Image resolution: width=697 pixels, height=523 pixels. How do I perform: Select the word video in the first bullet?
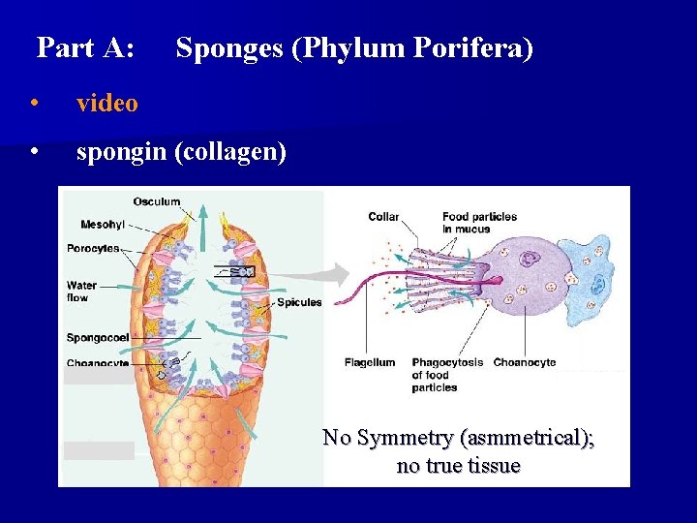click(x=106, y=103)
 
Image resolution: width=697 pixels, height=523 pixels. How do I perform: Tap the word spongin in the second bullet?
click(x=122, y=153)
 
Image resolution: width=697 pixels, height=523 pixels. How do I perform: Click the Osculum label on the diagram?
click(x=157, y=201)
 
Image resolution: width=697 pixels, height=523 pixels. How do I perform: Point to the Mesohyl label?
click(x=103, y=225)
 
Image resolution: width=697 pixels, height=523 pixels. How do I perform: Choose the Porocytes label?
click(x=93, y=248)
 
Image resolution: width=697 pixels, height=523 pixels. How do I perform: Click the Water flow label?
click(x=81, y=292)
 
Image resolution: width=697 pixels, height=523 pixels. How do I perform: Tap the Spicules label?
click(x=299, y=303)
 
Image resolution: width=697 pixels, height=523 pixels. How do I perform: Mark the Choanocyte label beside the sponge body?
click(x=98, y=363)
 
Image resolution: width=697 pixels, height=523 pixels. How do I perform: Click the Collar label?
click(x=383, y=217)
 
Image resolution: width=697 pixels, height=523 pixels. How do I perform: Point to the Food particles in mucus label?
click(x=479, y=223)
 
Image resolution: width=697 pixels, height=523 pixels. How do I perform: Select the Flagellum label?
click(x=370, y=362)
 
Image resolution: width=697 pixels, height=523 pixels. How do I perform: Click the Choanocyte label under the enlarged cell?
click(x=525, y=362)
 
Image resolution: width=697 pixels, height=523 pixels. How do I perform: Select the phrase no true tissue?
click(x=458, y=466)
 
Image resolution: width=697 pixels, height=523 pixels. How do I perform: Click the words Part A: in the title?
click(x=85, y=48)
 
